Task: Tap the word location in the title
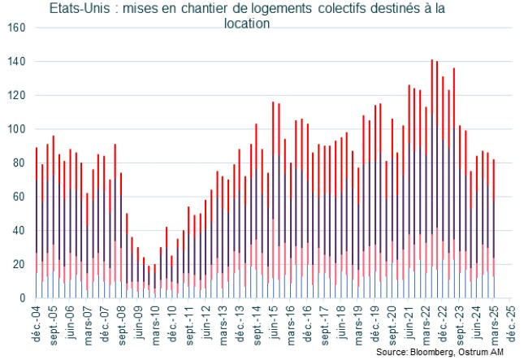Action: pos(247,24)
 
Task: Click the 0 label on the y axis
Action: pos(23,298)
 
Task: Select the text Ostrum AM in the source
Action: pos(489,353)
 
